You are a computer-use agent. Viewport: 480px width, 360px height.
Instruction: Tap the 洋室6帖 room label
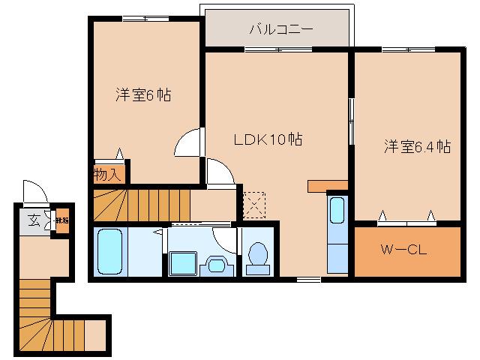coord(142,95)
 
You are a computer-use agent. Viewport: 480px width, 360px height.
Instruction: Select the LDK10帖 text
coord(268,139)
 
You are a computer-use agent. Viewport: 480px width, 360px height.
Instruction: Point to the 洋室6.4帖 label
coord(418,146)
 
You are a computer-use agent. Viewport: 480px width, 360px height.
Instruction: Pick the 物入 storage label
coord(108,175)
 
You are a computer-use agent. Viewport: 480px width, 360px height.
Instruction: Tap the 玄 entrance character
coord(34,220)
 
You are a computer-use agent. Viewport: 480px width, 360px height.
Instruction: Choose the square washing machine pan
coord(182,264)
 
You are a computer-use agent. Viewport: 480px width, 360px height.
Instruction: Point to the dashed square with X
coord(253,201)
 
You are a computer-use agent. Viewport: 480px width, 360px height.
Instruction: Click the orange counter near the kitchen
coord(328,185)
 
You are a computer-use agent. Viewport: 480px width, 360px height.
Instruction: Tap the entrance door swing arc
coord(33,190)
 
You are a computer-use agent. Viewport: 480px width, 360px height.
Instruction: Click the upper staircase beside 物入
coord(142,203)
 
